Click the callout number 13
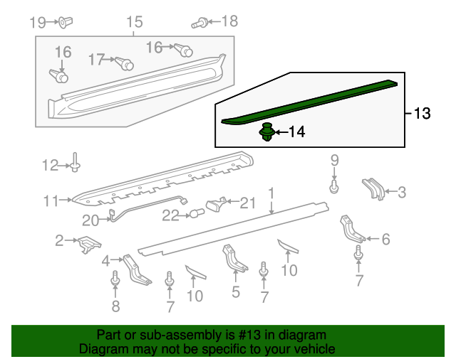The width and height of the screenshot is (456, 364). [422, 113]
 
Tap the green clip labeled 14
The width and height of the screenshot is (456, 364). [266, 132]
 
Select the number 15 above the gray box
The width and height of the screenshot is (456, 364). [135, 22]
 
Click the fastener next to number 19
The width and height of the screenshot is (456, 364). [66, 22]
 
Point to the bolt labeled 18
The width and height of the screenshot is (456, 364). [199, 23]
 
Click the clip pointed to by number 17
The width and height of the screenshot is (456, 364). [125, 63]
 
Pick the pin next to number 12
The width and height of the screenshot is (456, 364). [76, 162]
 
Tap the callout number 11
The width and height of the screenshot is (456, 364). [51, 201]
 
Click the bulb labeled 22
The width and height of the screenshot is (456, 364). [197, 214]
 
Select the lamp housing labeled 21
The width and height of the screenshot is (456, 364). [216, 204]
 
